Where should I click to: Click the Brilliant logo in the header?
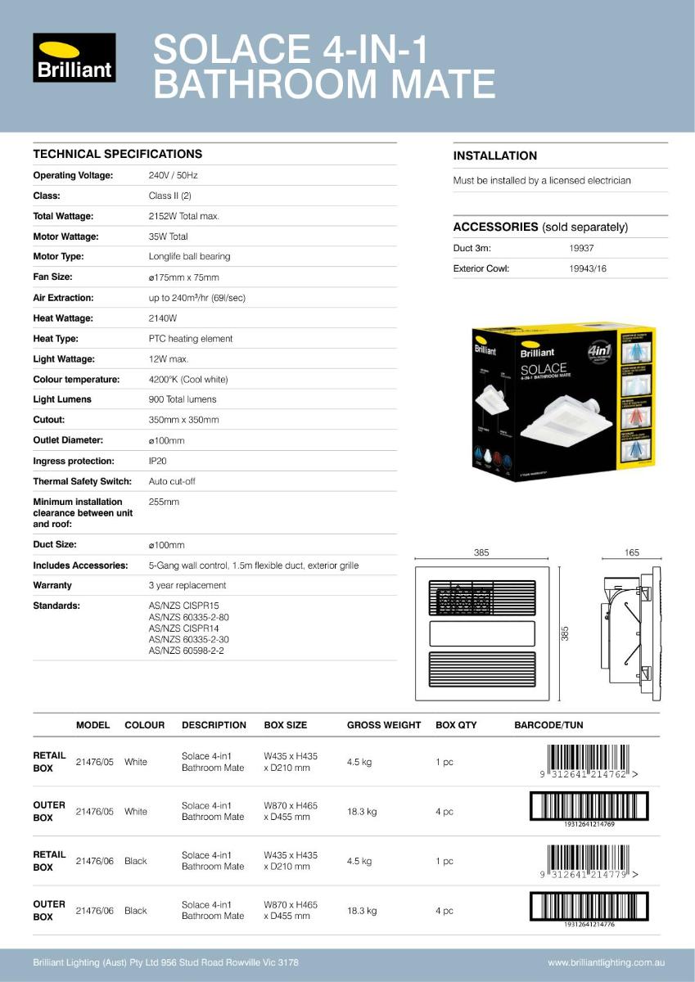[74, 57]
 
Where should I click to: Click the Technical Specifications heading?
[117, 154]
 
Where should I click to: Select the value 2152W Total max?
[183, 216]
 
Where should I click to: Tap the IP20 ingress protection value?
[157, 461]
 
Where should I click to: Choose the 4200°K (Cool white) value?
[187, 379]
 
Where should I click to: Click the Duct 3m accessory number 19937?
[581, 248]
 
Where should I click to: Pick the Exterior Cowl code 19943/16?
[587, 268]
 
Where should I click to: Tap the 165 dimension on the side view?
[631, 553]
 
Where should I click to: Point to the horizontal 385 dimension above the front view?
[481, 553]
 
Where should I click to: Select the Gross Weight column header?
[383, 725]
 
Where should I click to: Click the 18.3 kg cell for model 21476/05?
[362, 812]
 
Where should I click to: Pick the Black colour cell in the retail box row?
[136, 861]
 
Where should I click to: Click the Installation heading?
[494, 155]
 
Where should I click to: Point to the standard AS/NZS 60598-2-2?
[186, 651]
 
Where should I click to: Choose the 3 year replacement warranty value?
[187, 585]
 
